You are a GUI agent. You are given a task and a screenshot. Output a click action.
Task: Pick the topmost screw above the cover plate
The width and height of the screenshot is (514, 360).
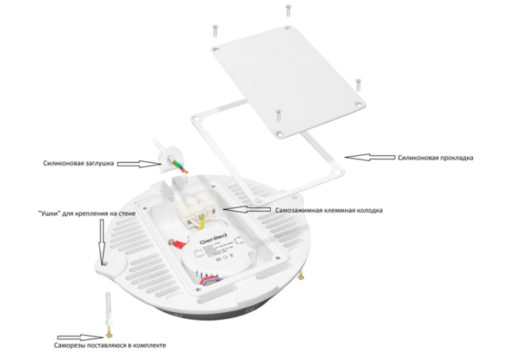(x=286, y=10)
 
